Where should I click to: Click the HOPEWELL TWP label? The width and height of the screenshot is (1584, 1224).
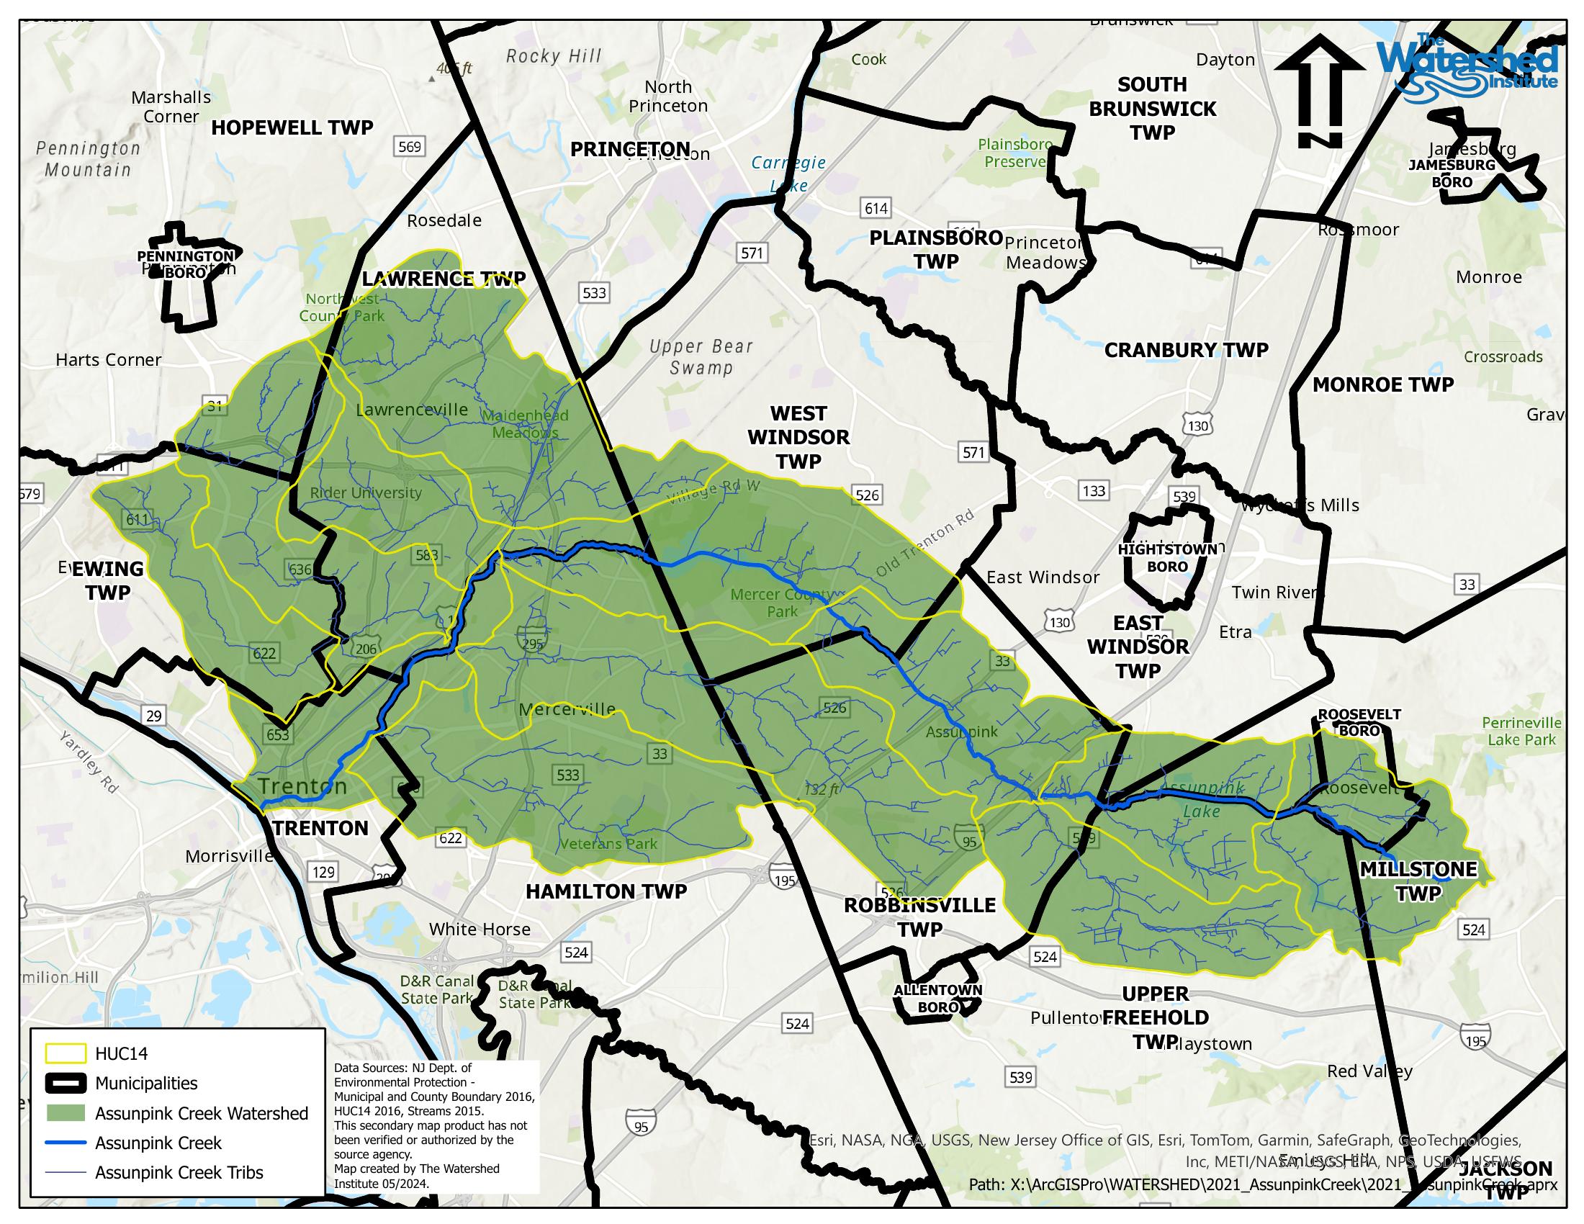coord(292,127)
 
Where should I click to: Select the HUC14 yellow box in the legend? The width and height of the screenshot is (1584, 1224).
coord(66,1053)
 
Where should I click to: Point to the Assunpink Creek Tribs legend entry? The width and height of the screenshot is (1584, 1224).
coord(179,1172)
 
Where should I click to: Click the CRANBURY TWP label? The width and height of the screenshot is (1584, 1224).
coord(1186,350)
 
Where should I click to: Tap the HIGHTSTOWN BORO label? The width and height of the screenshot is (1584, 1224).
coord(1167,557)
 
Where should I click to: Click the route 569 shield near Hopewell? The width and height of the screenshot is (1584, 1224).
coord(409,146)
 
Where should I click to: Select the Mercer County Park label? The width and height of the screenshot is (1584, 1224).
coord(783,603)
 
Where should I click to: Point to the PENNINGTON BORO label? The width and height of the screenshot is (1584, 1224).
coord(186,264)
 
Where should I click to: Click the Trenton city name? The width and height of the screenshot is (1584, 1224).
coord(302,786)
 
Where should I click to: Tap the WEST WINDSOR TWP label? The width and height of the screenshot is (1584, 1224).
coord(798,437)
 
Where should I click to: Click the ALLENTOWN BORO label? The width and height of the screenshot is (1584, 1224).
coord(937,999)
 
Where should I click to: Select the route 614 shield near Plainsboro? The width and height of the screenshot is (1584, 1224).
coord(876,209)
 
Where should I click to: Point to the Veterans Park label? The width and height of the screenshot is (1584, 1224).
coord(608,843)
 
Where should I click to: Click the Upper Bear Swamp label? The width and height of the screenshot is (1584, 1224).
coord(701,356)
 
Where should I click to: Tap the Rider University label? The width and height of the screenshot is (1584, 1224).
coord(366,493)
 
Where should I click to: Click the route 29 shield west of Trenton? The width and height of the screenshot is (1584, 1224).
coord(154,716)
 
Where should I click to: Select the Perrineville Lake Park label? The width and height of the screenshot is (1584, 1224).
coord(1521,731)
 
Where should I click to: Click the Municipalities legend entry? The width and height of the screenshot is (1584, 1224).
coord(145,1084)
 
